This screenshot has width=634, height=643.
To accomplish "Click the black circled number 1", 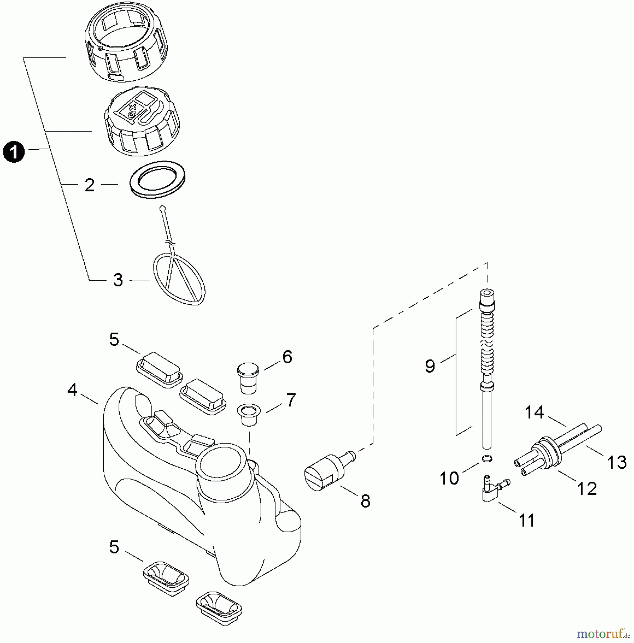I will tap(14, 152).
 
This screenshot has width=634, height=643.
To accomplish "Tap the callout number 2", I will tap(89, 185).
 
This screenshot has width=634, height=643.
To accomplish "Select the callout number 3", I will tap(118, 280).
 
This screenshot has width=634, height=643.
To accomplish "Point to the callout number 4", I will tap(73, 390).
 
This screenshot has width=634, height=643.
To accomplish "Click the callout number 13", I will tap(617, 462).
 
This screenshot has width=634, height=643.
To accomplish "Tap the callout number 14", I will tap(534, 413).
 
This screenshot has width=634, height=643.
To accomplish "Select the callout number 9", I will tap(430, 366).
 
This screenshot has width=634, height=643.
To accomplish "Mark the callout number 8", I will tap(365, 501).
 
